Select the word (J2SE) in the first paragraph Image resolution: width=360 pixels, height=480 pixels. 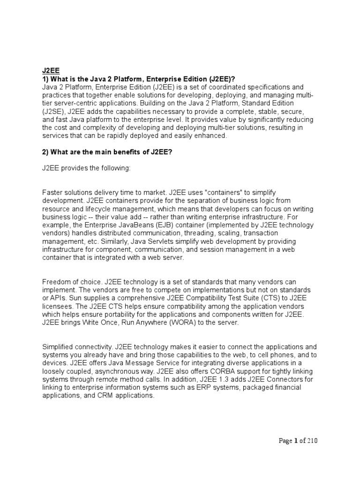point(53,111)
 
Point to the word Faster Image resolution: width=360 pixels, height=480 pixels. point(53,192)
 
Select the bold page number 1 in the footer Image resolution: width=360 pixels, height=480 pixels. point(296,441)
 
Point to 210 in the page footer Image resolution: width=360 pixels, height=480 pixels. point(313,441)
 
